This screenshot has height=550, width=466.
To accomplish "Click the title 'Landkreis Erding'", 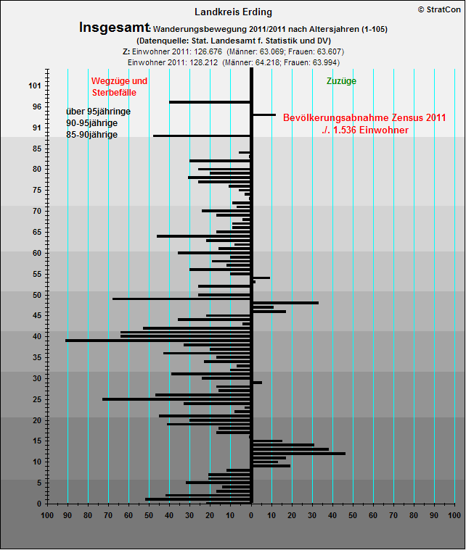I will [x=233, y=12].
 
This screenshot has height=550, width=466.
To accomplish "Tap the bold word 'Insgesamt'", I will [x=114, y=28].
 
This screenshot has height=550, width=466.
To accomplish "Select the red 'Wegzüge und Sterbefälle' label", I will [x=119, y=86].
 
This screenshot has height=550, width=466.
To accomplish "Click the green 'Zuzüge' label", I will [x=342, y=81].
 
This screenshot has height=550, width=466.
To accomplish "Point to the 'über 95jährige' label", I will [x=98, y=112].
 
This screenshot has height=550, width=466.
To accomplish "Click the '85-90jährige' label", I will [x=91, y=135].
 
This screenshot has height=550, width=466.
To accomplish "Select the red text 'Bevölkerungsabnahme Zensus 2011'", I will [x=364, y=117].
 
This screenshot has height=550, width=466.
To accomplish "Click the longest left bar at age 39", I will [x=158, y=340].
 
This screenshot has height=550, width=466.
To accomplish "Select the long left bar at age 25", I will [x=176, y=399].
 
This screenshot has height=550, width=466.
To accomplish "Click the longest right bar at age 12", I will [x=298, y=454].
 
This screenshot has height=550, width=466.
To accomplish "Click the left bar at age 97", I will [x=210, y=102].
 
